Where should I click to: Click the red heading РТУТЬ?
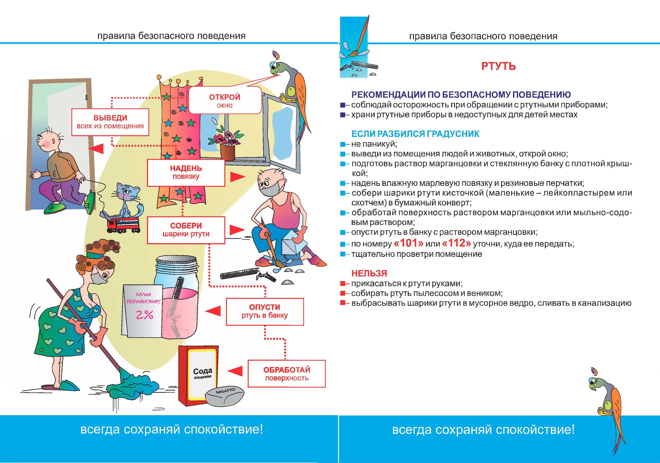(x=498, y=66)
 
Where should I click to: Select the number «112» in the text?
(x=456, y=243)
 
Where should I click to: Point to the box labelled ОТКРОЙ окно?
(x=225, y=100)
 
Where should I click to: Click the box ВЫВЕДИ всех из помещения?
(x=110, y=122)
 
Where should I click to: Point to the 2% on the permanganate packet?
(x=144, y=315)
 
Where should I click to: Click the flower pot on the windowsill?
(x=228, y=152)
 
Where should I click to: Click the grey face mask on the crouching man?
(x=269, y=190)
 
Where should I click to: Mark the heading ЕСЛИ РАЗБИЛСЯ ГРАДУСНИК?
(x=415, y=134)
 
